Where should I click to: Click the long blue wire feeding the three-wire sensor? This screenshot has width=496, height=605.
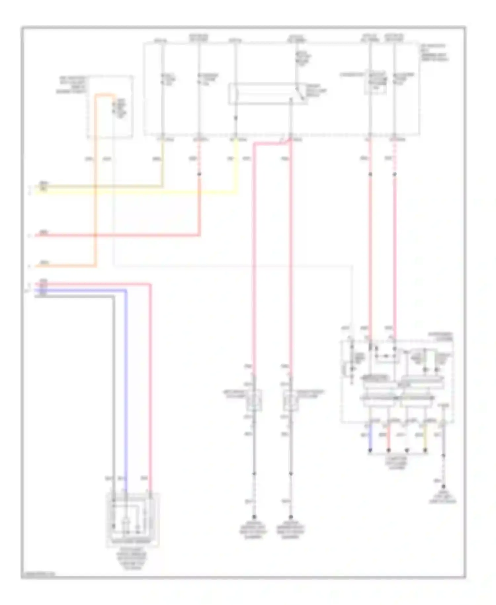tap(126, 381)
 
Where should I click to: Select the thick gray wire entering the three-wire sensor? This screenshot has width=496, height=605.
tap(113, 381)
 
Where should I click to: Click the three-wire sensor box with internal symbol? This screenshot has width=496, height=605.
tap(132, 520)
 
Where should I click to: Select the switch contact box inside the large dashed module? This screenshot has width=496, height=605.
tap(268, 94)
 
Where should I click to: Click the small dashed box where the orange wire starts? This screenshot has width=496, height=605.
tap(110, 107)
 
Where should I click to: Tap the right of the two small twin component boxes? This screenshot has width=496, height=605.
tap(291, 400)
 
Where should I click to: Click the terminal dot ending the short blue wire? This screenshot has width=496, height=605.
tap(370, 451)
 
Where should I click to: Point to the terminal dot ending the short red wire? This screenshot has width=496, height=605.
tap(389, 451)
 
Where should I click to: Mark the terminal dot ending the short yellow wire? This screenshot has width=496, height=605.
tap(426, 451)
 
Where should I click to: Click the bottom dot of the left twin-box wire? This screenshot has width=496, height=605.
tap(254, 517)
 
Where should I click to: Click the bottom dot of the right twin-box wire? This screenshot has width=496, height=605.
tap(291, 517)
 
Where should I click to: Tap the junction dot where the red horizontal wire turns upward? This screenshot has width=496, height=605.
tap(199, 174)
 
